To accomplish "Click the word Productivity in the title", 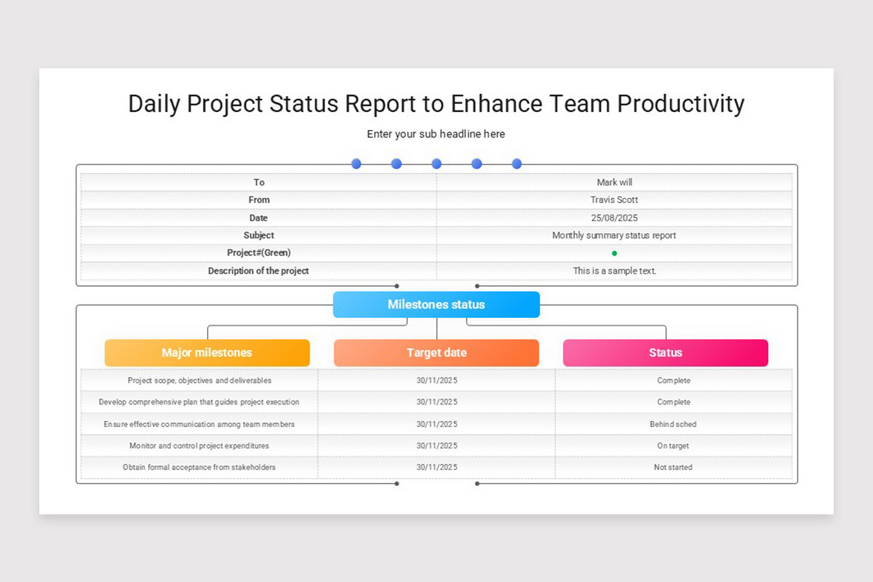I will pyautogui.click(x=680, y=103).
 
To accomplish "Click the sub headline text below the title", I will pyautogui.click(x=436, y=134).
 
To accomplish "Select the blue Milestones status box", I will pyautogui.click(x=436, y=304).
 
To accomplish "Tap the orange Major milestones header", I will pyautogui.click(x=207, y=353).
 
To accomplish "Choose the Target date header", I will pyautogui.click(x=436, y=353).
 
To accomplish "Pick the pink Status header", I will pyautogui.click(x=666, y=353).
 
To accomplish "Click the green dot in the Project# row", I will pyautogui.click(x=615, y=253).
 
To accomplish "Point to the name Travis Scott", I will pyautogui.click(x=615, y=200).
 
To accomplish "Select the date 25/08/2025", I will pyautogui.click(x=615, y=218).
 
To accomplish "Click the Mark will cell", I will pyautogui.click(x=615, y=183).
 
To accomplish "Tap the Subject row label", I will pyautogui.click(x=259, y=236).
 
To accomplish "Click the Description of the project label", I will pyautogui.click(x=258, y=271).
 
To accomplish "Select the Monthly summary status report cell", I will pyautogui.click(x=615, y=236).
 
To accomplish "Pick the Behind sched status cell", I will pyautogui.click(x=673, y=424).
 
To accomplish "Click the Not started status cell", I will pyautogui.click(x=673, y=467).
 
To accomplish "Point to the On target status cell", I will pyautogui.click(x=673, y=445).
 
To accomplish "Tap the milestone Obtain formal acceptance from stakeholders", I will pyautogui.click(x=199, y=467).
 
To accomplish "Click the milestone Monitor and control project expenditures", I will pyautogui.click(x=199, y=445).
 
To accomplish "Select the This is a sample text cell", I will pyautogui.click(x=615, y=271).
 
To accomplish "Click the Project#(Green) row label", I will pyautogui.click(x=259, y=253).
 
